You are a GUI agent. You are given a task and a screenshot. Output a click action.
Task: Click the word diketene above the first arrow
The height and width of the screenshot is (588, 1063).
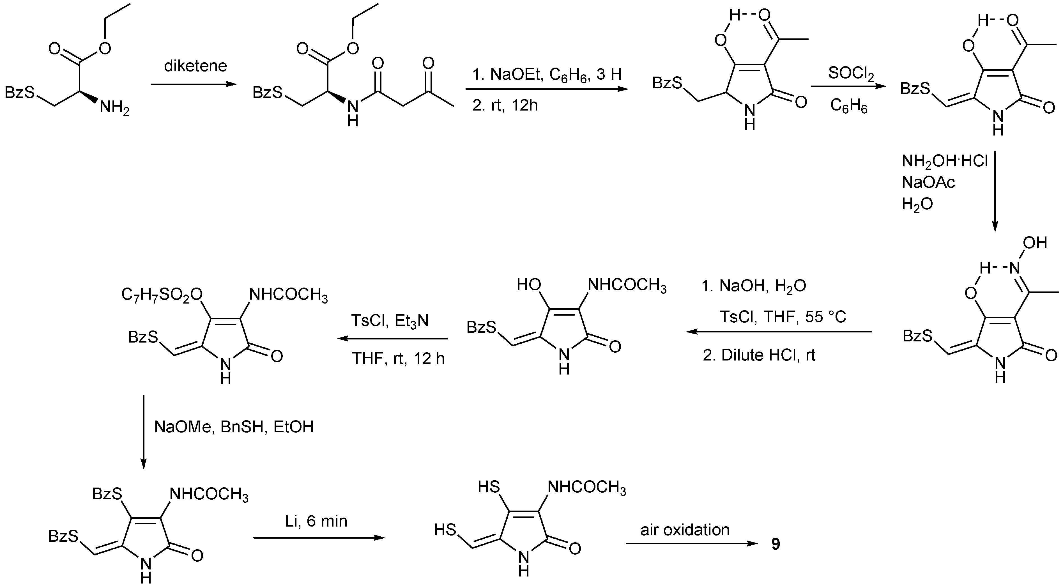click(195, 66)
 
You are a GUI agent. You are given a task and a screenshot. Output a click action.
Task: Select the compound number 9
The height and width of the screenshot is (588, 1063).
click(776, 544)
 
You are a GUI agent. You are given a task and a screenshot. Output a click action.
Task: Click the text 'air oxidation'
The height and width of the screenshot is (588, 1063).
click(685, 530)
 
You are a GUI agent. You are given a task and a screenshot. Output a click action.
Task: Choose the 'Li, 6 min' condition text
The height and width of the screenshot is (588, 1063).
click(316, 521)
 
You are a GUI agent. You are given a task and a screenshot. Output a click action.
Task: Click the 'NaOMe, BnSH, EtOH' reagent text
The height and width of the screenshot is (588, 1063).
click(234, 427)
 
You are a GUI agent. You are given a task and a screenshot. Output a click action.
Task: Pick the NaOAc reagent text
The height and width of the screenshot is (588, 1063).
click(928, 182)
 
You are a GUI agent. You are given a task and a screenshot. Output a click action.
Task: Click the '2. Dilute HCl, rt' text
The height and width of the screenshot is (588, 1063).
click(759, 355)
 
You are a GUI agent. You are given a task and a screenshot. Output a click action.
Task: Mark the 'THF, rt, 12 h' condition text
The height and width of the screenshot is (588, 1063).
click(398, 358)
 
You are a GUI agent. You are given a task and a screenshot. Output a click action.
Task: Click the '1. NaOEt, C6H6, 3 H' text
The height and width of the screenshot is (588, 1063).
click(547, 74)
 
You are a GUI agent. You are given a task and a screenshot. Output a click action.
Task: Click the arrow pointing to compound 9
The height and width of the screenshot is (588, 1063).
click(692, 544)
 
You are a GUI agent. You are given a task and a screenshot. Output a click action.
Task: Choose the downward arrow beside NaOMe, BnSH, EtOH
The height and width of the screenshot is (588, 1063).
click(144, 431)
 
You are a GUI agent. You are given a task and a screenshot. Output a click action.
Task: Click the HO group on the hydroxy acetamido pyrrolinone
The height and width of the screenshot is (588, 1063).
click(529, 285)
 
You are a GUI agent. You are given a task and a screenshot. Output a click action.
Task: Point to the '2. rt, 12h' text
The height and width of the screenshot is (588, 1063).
click(505, 106)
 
